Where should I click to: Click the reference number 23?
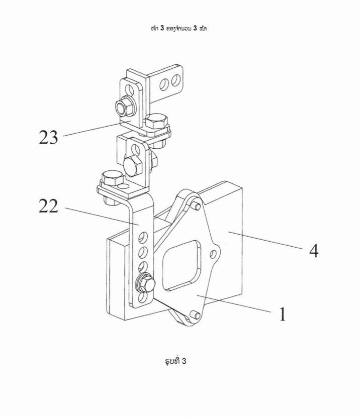point(48,137)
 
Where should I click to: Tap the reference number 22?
point(48,206)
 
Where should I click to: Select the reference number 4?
point(314,251)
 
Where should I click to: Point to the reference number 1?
point(282,314)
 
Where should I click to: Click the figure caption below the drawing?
point(175,361)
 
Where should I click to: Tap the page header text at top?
point(178,29)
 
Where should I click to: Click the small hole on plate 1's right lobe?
point(213,254)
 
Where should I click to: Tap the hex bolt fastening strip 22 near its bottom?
point(145,284)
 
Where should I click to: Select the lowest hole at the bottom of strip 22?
point(142,297)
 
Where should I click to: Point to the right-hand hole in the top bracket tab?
point(175,80)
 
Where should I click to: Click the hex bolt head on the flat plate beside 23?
point(156,122)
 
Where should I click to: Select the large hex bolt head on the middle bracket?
point(132,166)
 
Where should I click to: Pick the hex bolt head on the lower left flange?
point(113,178)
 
